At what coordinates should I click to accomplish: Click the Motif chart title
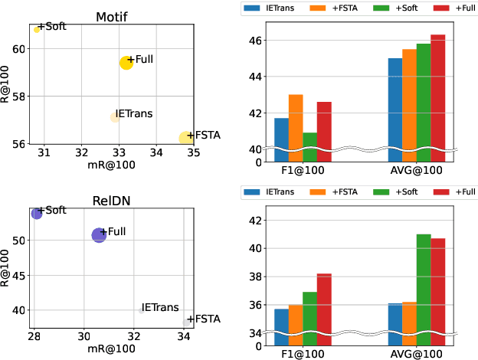[x=111, y=16]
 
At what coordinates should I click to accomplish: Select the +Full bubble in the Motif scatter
[x=126, y=63]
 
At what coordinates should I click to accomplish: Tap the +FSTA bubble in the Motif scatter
[x=186, y=138]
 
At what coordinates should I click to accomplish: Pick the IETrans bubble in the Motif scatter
[x=115, y=117]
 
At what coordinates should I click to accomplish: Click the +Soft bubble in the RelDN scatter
[x=37, y=213]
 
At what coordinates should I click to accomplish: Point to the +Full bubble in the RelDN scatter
[x=99, y=235]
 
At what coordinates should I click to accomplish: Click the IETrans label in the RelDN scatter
[x=160, y=307]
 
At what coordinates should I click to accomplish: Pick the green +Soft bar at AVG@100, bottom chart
[x=423, y=283]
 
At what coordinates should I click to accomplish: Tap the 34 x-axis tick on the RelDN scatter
[x=185, y=336]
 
